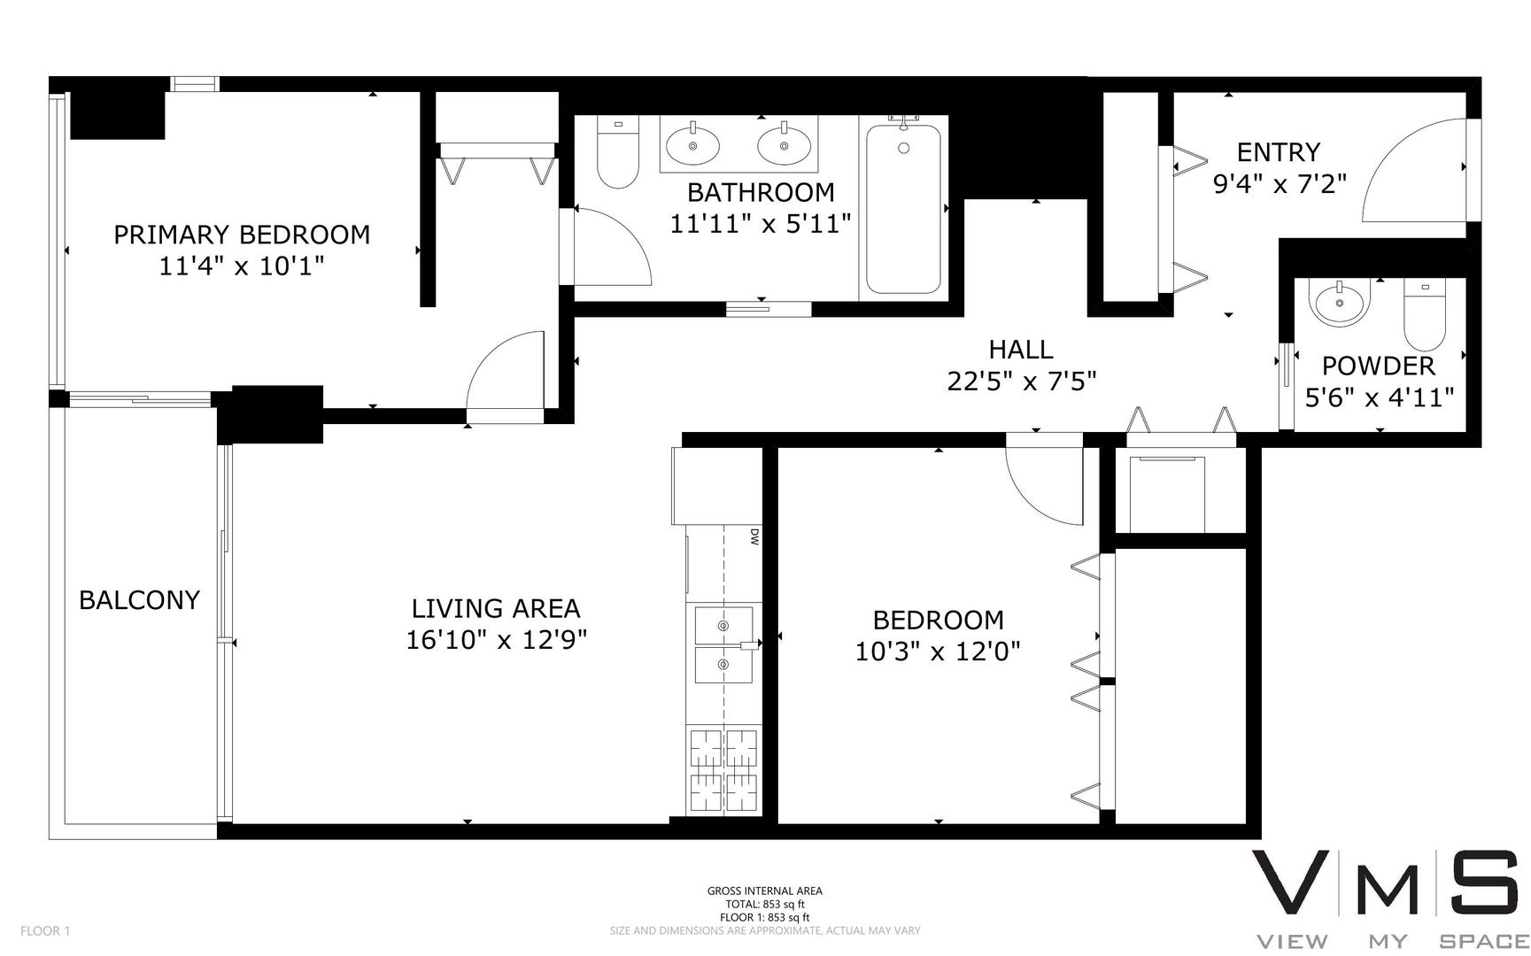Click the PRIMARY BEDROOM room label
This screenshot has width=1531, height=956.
(241, 235)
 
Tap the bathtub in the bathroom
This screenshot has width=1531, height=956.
(902, 209)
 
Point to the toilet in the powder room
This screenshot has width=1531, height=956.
(1425, 315)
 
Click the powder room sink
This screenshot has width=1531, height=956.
(1340, 303)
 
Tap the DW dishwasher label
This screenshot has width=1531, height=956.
(754, 536)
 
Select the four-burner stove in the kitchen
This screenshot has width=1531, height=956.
(723, 769)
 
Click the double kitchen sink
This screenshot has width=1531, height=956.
(724, 644)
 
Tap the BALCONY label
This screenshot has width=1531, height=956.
(139, 600)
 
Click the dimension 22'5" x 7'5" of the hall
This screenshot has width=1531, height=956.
(1022, 382)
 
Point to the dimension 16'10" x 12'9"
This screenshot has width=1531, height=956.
(496, 640)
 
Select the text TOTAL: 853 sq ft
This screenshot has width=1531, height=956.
(764, 905)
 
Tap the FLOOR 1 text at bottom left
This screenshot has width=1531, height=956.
(44, 930)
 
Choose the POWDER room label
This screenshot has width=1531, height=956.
(1378, 366)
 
